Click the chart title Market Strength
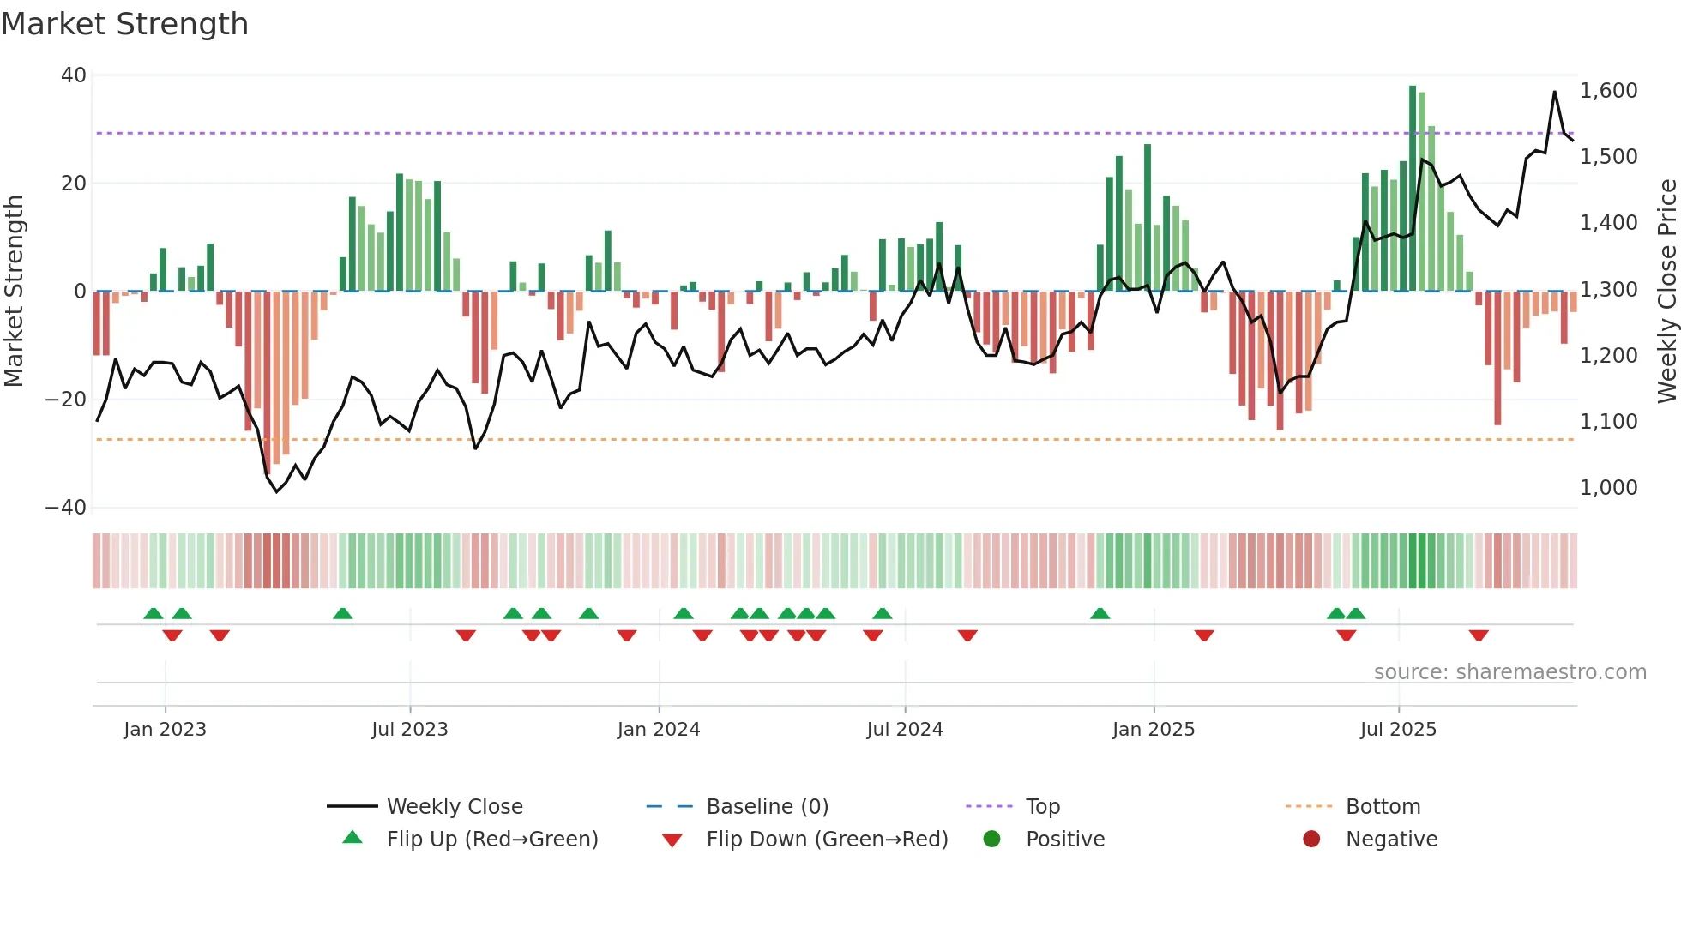coord(124,24)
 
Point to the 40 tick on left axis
coord(74,75)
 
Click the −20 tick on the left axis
coord(66,400)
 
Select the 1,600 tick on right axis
coord(1608,91)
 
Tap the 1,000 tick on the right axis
coord(1608,488)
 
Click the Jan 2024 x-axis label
coord(658,730)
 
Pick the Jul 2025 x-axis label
coord(1397,730)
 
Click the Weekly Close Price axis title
coord(1666,292)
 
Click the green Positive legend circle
coord(991,840)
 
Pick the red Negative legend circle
coord(1310,840)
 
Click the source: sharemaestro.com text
coord(1509,672)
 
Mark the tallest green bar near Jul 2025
coord(1412,189)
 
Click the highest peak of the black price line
coord(1554,92)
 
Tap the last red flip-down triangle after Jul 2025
coord(1478,635)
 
